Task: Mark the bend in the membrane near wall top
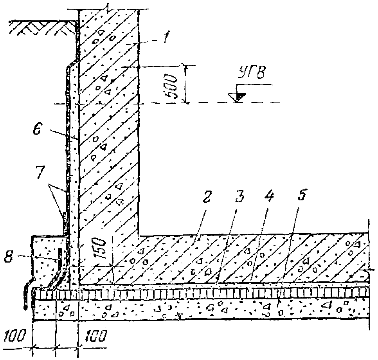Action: point(71,64)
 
